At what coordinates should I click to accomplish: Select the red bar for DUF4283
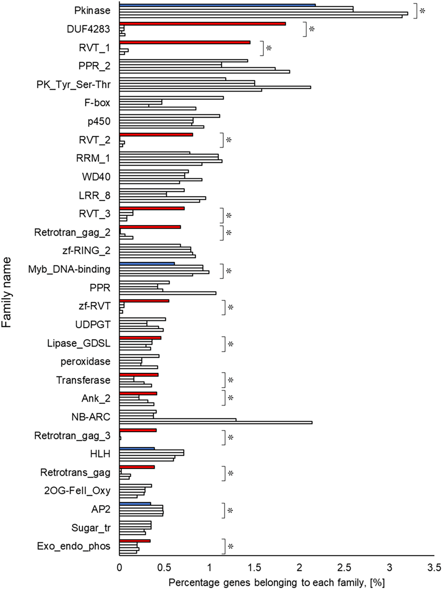pyautogui.click(x=202, y=24)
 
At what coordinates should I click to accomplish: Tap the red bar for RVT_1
pyautogui.click(x=185, y=42)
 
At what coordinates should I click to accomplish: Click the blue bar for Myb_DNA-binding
pyautogui.click(x=147, y=264)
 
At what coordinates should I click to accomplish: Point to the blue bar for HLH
pyautogui.click(x=137, y=448)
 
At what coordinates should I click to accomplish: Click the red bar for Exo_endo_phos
pyautogui.click(x=135, y=541)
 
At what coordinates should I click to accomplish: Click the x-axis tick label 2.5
pyautogui.click(x=344, y=567)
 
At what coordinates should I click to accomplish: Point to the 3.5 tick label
pyautogui.click(x=434, y=567)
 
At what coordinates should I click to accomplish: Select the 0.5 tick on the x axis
pyautogui.click(x=164, y=567)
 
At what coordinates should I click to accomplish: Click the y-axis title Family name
pyautogui.click(x=6, y=292)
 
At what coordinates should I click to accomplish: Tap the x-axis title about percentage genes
pyautogui.click(x=276, y=583)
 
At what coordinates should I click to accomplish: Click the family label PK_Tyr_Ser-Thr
pyautogui.click(x=73, y=85)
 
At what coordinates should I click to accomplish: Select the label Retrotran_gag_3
pyautogui.click(x=72, y=436)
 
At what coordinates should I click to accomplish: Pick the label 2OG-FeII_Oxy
pyautogui.click(x=77, y=491)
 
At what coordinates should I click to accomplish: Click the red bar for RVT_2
pyautogui.click(x=156, y=135)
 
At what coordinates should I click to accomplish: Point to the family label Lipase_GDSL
pyautogui.click(x=78, y=343)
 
